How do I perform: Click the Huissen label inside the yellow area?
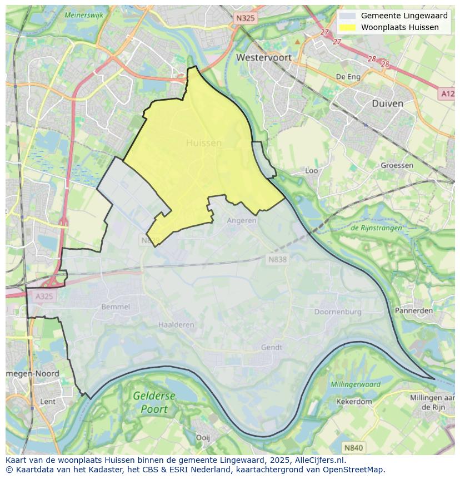click(x=203, y=143)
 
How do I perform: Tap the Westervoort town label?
click(x=263, y=57)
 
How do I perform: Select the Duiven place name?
click(x=387, y=103)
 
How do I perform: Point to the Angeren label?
click(x=242, y=220)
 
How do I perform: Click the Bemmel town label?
click(x=116, y=307)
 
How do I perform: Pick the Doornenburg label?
click(x=338, y=312)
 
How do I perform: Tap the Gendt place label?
click(x=272, y=347)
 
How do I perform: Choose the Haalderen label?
click(x=176, y=324)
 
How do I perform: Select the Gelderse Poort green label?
click(x=154, y=402)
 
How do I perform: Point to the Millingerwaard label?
click(x=356, y=384)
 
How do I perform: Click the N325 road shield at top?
click(x=245, y=18)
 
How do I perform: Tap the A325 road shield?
click(x=44, y=296)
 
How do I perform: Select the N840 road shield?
click(x=353, y=447)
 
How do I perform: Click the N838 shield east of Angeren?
click(x=278, y=259)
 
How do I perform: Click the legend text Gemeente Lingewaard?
click(x=404, y=16)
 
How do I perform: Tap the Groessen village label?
click(x=397, y=165)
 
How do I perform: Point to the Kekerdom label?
click(x=354, y=401)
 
